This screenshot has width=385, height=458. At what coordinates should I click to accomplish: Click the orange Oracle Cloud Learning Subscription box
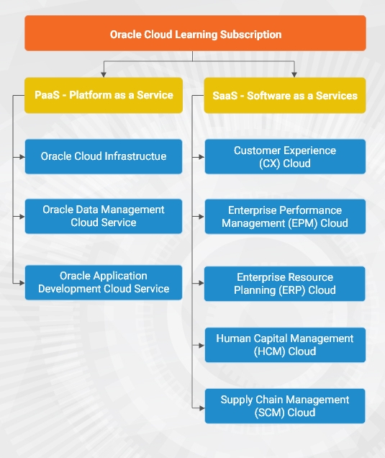coord(195,33)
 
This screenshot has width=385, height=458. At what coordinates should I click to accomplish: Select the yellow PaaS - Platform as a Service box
coord(104,95)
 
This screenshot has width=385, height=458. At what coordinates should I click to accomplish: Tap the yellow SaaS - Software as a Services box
coord(285,96)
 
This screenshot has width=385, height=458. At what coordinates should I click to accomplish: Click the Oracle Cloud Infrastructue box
coord(104,156)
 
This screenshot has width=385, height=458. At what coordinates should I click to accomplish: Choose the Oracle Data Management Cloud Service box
coord(104,216)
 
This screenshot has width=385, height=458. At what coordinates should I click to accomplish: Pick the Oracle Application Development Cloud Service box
coord(104,282)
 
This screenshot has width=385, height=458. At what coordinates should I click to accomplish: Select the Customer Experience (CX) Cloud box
coord(285,156)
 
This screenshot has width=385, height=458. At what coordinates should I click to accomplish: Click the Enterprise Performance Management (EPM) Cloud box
coord(285,217)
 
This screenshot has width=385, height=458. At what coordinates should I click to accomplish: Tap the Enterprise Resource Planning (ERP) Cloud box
coord(284,284)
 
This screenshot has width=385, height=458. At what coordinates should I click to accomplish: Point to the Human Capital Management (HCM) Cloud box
coord(285,345)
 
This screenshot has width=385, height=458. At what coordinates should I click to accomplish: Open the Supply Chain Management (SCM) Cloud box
coord(285,406)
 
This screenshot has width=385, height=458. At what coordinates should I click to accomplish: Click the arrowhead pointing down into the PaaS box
coord(104,75)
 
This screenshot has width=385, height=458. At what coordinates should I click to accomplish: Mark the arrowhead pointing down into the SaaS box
coord(294,75)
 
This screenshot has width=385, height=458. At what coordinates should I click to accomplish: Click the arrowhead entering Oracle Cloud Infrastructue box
coord(22,157)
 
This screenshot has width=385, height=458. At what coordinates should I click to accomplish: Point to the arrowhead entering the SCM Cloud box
coord(202,408)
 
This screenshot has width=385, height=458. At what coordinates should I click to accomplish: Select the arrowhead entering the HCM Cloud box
coord(201,346)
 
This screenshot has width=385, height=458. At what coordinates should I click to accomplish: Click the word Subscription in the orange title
coord(250,35)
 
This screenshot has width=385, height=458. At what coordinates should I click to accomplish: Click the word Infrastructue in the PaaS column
coord(135,156)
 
